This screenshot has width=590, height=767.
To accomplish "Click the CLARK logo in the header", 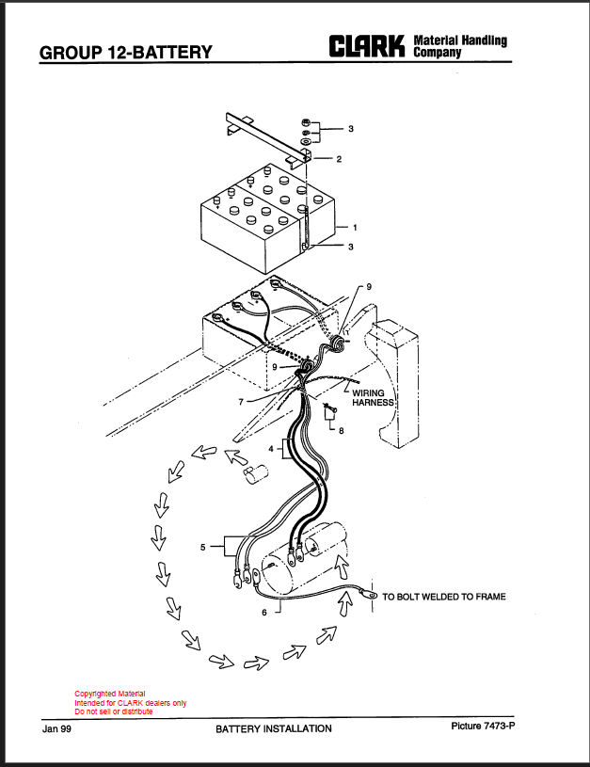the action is click(x=367, y=46).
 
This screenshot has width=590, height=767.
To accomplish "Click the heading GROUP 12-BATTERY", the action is click(x=126, y=53).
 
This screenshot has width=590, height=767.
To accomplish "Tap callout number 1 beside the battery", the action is click(x=355, y=228).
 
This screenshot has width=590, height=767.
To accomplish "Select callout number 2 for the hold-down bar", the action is click(x=339, y=159).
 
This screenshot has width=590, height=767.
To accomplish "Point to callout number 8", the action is click(x=341, y=430).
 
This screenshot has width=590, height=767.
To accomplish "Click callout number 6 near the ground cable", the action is click(x=264, y=613).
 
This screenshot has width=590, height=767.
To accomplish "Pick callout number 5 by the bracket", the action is click(x=203, y=547).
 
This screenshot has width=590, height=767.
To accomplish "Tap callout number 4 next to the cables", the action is click(x=271, y=449).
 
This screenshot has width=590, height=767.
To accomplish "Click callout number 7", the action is click(x=241, y=402).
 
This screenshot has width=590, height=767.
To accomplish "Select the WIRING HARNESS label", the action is click(x=373, y=398).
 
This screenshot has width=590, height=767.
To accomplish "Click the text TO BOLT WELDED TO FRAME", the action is click(x=444, y=597).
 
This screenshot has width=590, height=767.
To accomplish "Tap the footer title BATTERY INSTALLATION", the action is click(x=274, y=728).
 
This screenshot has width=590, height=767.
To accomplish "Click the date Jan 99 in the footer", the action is click(x=56, y=728).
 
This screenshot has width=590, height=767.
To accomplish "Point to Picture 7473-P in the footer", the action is click(x=483, y=726).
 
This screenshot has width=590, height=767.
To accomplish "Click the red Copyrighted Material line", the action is click(x=109, y=694).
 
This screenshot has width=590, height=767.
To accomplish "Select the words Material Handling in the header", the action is click(x=460, y=40).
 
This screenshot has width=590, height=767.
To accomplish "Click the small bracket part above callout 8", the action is click(x=330, y=413).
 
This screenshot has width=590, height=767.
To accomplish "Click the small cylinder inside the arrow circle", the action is click(x=256, y=474).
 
